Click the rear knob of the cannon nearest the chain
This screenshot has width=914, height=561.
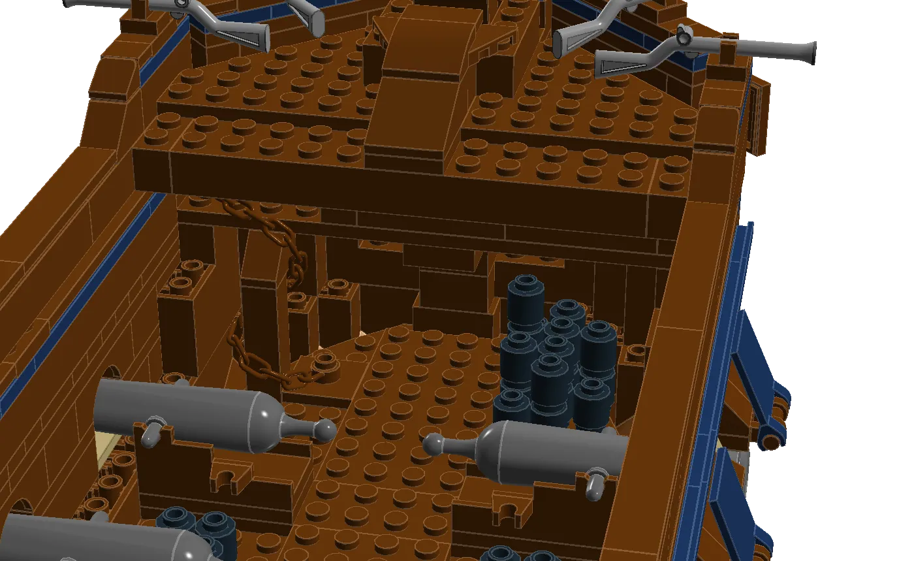point(324,430)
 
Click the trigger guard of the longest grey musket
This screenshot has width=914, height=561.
point(683,35)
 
